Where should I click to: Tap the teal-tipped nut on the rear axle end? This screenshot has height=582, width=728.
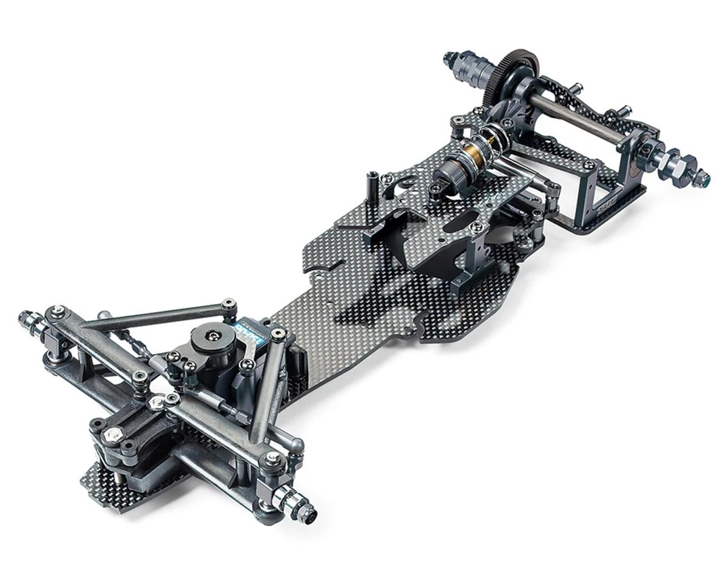(x=702, y=178)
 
